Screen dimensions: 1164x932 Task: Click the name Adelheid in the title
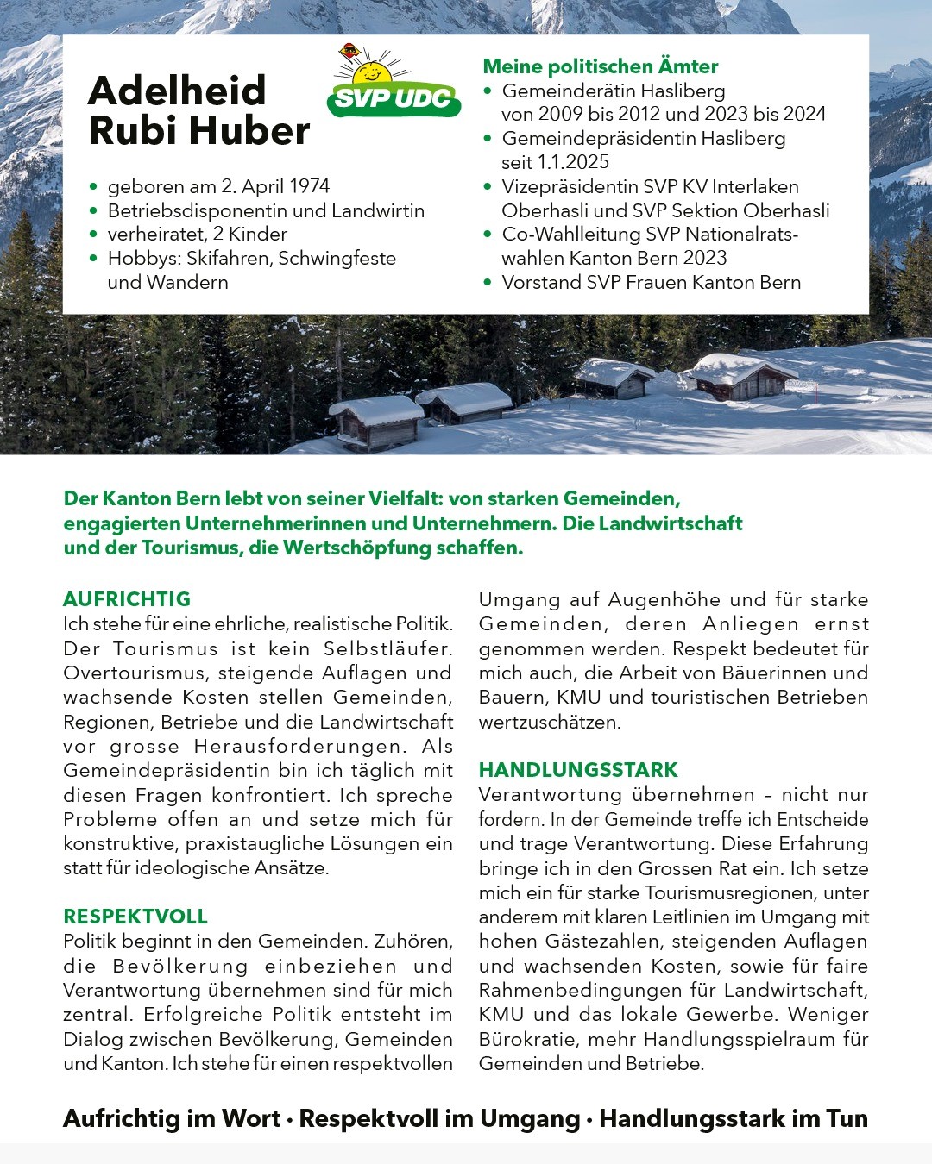[x=177, y=91]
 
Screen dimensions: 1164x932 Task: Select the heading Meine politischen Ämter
[x=600, y=66]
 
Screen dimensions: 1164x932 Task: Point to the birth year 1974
[x=310, y=186]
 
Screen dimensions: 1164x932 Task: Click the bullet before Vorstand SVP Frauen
[x=488, y=282]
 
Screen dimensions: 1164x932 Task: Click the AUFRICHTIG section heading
[x=127, y=599]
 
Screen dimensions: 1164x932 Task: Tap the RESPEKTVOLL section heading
[x=135, y=917]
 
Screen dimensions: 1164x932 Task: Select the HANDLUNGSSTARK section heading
[x=578, y=770]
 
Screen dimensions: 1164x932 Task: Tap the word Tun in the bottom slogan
[x=847, y=1118]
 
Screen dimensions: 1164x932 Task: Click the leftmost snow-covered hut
[x=376, y=422]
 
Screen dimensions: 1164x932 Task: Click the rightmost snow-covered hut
[x=739, y=377]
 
